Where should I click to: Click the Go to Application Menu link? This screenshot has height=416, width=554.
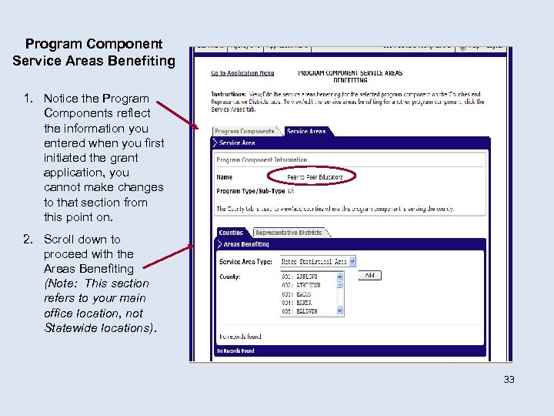click(242, 74)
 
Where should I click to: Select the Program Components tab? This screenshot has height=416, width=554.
click(245, 132)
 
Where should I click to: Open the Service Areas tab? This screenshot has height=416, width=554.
click(305, 132)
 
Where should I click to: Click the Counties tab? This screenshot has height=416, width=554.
click(231, 233)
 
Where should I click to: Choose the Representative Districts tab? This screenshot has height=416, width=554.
click(289, 233)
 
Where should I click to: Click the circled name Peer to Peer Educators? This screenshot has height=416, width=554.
click(315, 176)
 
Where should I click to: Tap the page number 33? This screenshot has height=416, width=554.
click(509, 379)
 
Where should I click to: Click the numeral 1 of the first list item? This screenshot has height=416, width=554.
click(28, 99)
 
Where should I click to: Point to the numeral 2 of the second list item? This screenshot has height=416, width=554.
click(28, 240)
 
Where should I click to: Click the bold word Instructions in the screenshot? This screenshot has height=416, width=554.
click(229, 94)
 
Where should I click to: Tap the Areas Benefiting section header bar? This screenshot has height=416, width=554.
click(350, 244)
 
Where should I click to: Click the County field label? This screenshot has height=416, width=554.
click(230, 276)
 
